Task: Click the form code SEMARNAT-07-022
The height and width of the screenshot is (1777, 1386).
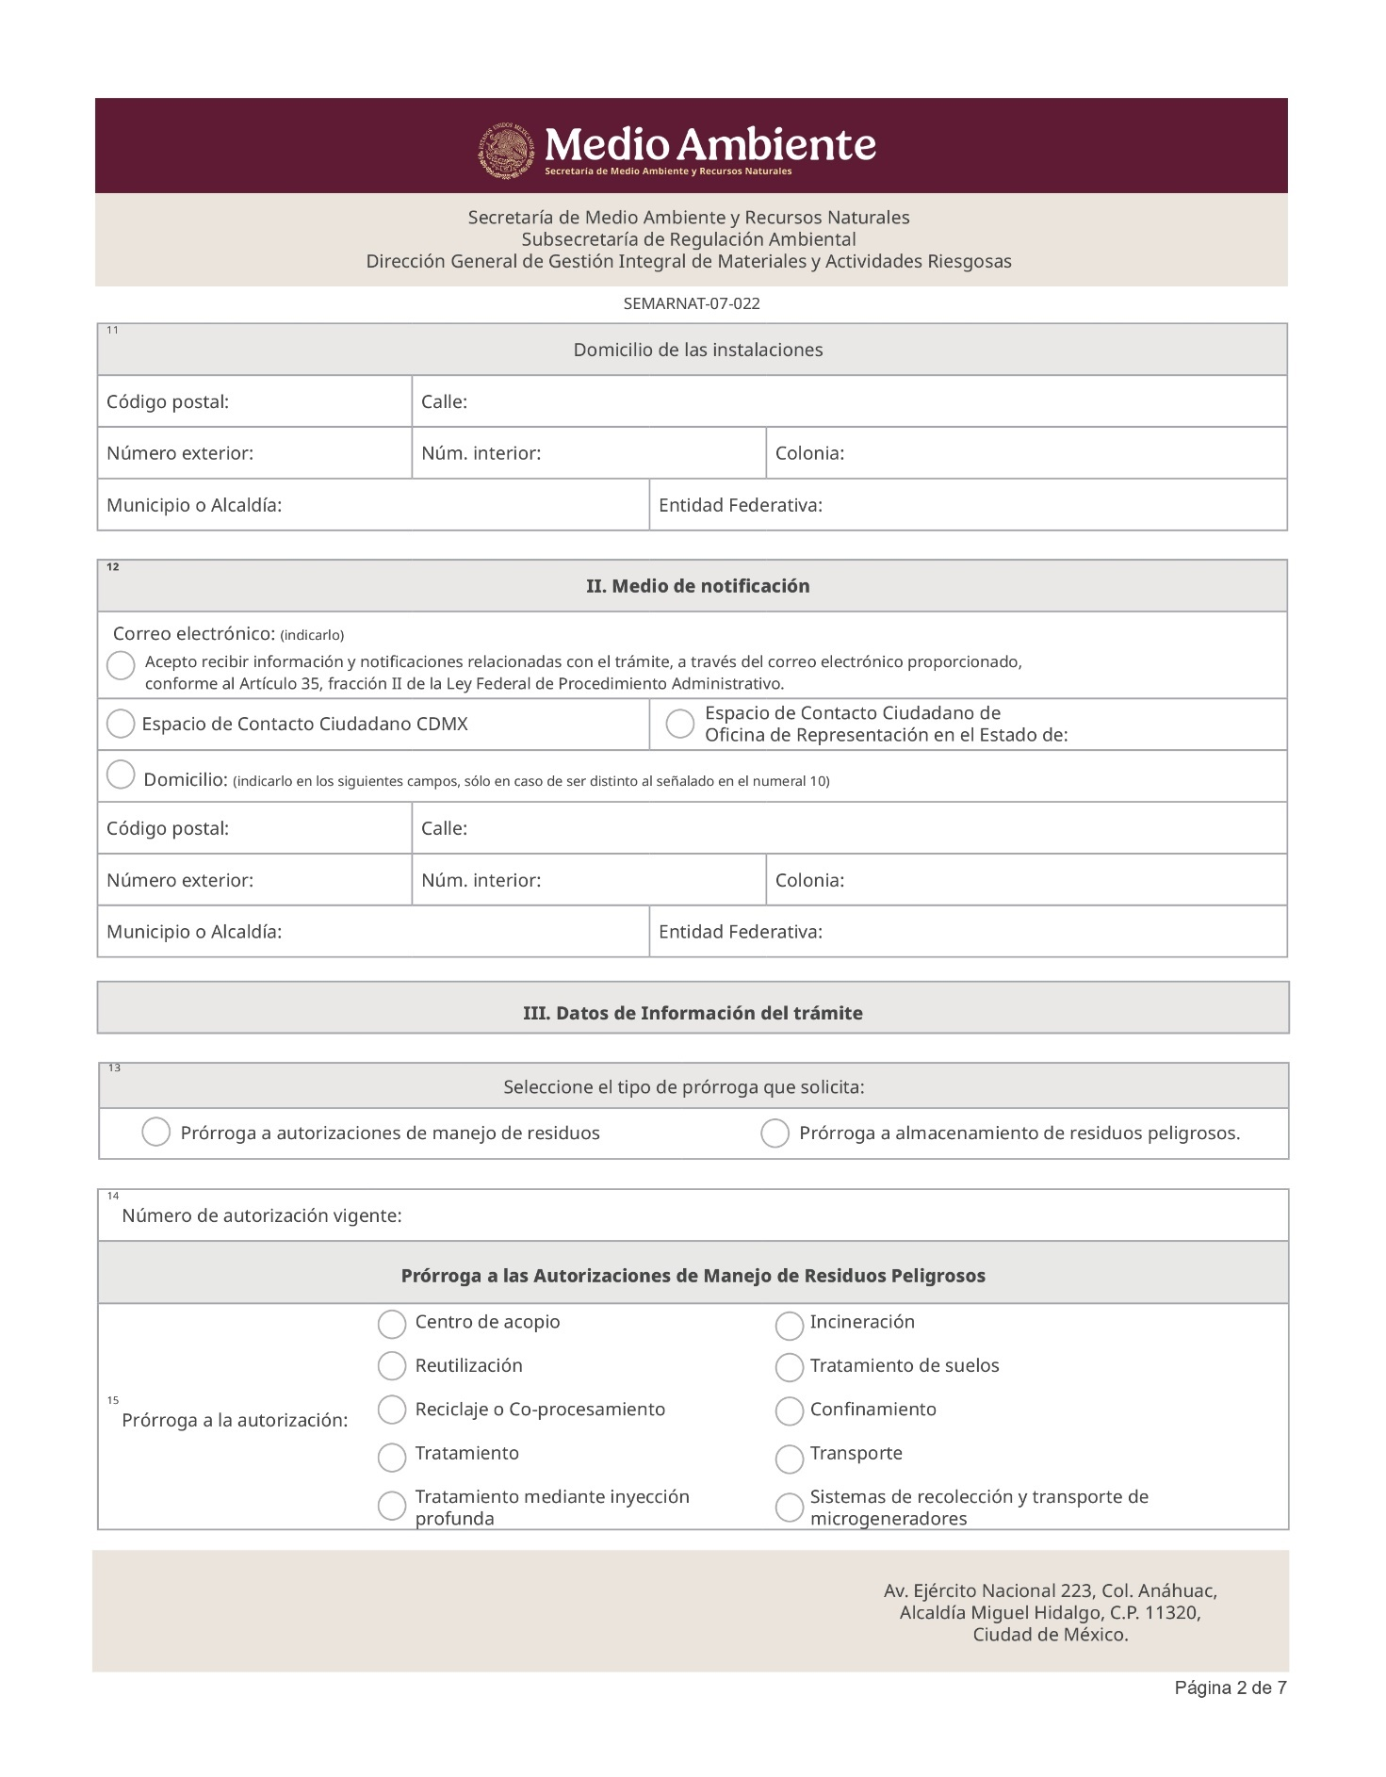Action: coord(692,303)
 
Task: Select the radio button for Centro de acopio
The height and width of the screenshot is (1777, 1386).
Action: coord(392,1324)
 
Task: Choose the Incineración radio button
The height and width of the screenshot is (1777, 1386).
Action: coord(789,1326)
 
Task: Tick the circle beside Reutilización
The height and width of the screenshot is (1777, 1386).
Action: coord(392,1365)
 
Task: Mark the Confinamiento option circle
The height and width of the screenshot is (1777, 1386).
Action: coord(789,1410)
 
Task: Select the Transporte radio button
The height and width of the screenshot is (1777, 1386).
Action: coord(789,1459)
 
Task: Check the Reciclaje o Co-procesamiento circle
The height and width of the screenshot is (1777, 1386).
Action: coord(392,1409)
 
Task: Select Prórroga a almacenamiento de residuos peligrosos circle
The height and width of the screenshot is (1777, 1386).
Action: coord(775,1133)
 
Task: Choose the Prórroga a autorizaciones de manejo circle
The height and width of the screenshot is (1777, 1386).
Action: coord(155,1132)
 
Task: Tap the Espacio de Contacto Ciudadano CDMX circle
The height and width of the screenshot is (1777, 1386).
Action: coord(121,724)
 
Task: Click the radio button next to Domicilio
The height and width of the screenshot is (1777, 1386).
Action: coord(121,774)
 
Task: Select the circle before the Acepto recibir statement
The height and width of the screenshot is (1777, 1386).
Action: coord(121,665)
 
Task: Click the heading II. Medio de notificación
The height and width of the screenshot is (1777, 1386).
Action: coord(697,586)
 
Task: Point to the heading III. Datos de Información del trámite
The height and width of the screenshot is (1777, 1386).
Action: coord(693,1013)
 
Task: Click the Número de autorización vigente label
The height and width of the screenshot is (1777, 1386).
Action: coord(262,1215)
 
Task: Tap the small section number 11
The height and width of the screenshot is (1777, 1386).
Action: coord(112,330)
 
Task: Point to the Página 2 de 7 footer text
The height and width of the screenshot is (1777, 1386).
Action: coord(1230,1687)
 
